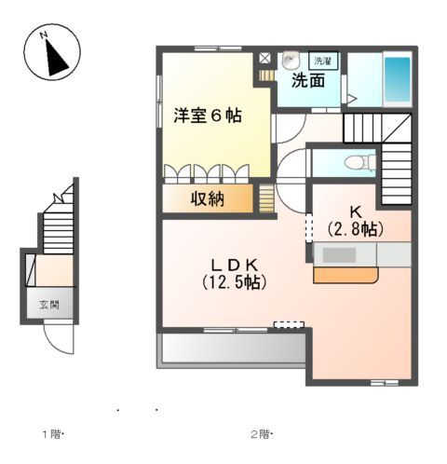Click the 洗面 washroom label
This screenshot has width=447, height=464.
point(308,80)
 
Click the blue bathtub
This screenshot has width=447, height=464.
point(398,80)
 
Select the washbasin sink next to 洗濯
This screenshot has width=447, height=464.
point(292,60)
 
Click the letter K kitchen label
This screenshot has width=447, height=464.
point(356,211)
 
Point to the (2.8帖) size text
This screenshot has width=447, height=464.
point(356,227)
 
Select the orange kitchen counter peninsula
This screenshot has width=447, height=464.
point(345,275)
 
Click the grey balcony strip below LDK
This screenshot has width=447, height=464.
point(233,348)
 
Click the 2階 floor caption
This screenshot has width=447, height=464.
point(258,434)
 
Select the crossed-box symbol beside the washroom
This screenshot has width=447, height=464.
point(265,58)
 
